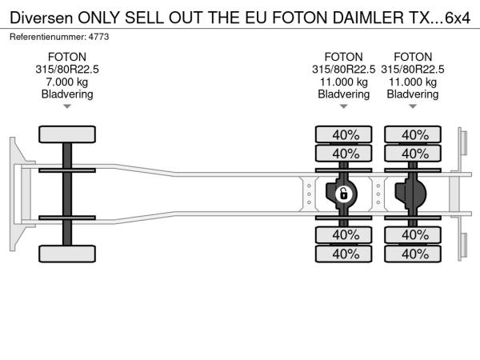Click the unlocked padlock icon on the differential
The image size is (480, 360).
point(344,194)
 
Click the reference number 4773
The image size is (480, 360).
point(98,37)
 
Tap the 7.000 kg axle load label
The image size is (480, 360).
point(67,82)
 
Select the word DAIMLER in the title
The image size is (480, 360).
point(368,18)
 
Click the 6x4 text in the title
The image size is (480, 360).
point(457,18)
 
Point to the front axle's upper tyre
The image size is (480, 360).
point(67,134)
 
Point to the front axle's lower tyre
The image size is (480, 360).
point(67,254)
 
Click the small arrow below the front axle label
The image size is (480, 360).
point(67,106)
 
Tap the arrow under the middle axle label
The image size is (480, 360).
point(344,106)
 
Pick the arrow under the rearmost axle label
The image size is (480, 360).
point(413,106)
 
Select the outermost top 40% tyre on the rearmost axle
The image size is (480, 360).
point(413,134)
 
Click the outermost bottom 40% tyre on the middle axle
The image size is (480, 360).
point(344,254)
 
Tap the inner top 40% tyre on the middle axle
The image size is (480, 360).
point(344,154)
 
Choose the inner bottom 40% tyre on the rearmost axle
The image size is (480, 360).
point(413,235)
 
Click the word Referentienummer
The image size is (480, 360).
point(48,37)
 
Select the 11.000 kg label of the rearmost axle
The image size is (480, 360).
point(413,82)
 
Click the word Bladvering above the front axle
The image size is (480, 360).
point(67,94)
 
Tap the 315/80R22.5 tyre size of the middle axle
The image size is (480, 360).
point(344,70)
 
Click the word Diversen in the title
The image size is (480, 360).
point(42,18)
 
